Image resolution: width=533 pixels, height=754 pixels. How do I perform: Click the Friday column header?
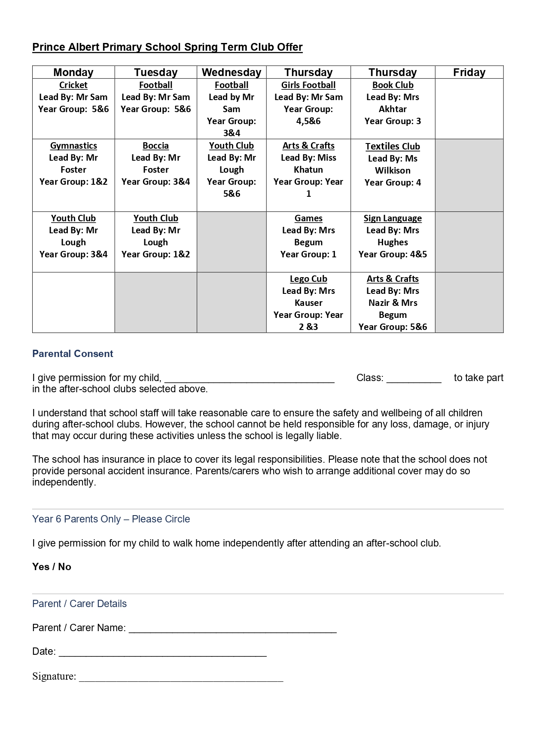[469, 72]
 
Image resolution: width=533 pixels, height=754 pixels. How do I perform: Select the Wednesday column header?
[231, 72]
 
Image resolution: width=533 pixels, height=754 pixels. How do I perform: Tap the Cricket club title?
[73, 85]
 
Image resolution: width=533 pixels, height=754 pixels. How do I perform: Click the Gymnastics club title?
[73, 146]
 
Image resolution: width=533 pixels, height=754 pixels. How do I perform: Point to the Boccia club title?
[155, 146]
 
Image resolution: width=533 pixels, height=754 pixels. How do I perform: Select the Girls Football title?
[308, 85]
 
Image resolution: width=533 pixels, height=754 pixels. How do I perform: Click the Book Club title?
[393, 85]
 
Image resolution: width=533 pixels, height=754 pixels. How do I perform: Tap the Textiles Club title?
[393, 147]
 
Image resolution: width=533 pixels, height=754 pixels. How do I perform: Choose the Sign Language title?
[393, 218]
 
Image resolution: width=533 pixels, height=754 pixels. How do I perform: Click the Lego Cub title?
[308, 279]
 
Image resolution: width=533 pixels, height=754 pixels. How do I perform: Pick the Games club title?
[308, 218]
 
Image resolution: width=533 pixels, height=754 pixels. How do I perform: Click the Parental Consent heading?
[73, 354]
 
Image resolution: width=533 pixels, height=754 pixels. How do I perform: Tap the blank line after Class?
[414, 379]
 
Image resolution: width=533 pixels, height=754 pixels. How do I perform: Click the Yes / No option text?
[52, 567]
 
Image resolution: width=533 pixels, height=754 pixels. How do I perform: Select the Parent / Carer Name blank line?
[232, 629]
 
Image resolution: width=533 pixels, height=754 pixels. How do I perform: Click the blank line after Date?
[162, 653]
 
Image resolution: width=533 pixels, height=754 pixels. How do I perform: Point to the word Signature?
[54, 676]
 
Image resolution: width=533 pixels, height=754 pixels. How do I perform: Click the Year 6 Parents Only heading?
[111, 519]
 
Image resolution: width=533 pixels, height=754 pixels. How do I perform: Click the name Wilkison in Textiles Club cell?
[393, 171]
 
